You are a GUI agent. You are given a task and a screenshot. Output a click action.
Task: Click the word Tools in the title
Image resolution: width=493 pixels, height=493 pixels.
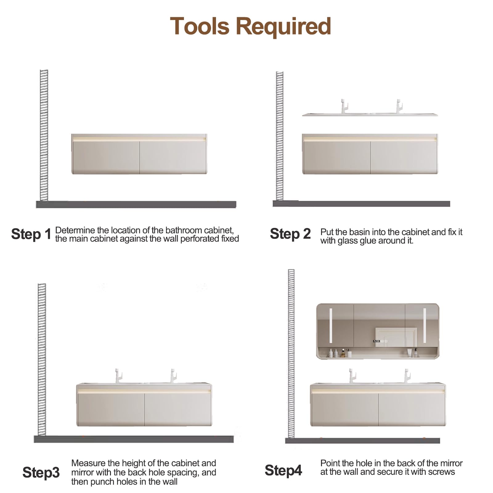tap(200, 26)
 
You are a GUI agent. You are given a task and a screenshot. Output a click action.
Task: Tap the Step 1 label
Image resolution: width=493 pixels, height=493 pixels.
tap(31, 234)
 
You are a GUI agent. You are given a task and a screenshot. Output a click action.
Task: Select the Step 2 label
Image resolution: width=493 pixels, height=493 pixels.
tap(290, 234)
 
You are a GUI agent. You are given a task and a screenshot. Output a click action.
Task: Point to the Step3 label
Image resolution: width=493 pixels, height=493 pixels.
tap(41, 472)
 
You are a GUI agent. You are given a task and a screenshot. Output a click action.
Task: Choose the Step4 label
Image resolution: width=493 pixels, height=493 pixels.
tap(283, 471)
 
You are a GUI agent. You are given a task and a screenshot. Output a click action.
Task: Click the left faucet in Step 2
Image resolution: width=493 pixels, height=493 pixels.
tap(344, 106)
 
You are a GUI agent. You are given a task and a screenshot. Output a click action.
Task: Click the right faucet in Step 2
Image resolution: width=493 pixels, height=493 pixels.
tap(399, 106)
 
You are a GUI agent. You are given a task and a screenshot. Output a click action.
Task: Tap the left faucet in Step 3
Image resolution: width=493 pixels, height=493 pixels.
tap(119, 376)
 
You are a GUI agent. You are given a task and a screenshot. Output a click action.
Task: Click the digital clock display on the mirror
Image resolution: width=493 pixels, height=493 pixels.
tap(376, 341)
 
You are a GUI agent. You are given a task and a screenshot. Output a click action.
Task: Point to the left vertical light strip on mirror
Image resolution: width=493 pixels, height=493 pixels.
tap(331, 325)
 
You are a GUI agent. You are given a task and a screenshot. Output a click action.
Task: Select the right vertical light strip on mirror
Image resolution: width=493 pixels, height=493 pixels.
tap(425, 325)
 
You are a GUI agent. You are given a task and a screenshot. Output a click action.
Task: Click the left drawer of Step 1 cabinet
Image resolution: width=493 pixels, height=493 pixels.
tap(106, 157)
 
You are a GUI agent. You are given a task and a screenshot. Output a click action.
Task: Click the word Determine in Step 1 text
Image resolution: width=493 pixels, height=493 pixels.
tap(75, 230)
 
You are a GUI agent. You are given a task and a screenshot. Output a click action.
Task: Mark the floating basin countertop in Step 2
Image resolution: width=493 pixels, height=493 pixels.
tap(370, 115)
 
